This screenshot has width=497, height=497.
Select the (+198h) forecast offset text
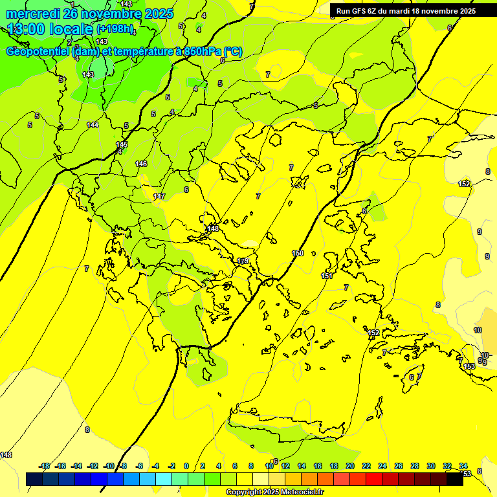tap(115, 30)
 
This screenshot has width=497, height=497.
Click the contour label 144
tap(93, 125)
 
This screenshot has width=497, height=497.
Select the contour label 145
tap(122, 144)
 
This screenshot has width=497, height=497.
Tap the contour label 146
tap(141, 164)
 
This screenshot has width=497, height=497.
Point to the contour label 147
tap(159, 196)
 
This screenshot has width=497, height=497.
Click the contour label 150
tap(298, 253)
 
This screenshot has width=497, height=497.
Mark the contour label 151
tap(327, 276)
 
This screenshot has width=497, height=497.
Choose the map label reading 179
tap(243, 261)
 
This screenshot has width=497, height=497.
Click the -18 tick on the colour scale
tap(44, 466)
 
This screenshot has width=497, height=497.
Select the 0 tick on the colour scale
tap(186, 466)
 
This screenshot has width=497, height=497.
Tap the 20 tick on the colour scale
tap(349, 466)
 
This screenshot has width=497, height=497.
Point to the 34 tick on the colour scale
tap(463, 466)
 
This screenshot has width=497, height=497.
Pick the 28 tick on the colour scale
tap(415, 466)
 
